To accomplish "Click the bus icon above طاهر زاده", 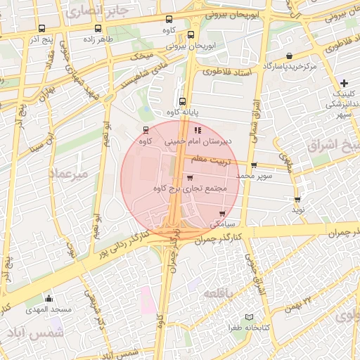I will pyautogui.click(x=97, y=29).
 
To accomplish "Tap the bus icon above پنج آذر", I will pyautogui.click(x=41, y=29).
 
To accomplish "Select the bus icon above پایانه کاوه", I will pyautogui.click(x=182, y=101).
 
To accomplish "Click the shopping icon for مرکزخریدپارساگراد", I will pyautogui.click(x=289, y=56).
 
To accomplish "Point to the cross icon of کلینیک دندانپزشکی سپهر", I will pyautogui.click(x=344, y=83).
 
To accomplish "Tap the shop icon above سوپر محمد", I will pyautogui.click(x=253, y=165).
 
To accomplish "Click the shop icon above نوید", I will pyautogui.click(x=298, y=200).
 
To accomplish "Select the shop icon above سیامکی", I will pyautogui.click(x=222, y=214).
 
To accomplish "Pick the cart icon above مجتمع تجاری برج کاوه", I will pyautogui.click(x=189, y=179).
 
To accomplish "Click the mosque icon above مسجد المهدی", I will pyautogui.click(x=49, y=298).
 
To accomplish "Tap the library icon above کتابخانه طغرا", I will pyautogui.click(x=247, y=318).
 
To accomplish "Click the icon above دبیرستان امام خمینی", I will pyautogui.click(x=198, y=129).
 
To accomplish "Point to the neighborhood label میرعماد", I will pyautogui.click(x=69, y=172).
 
